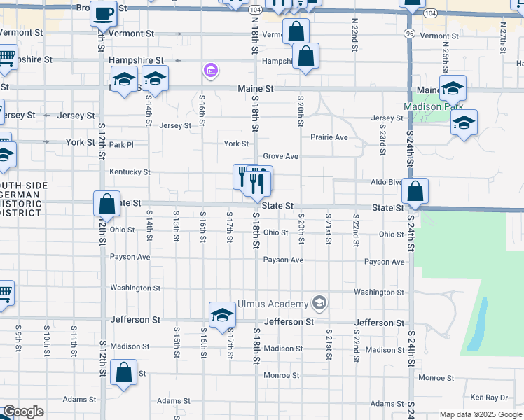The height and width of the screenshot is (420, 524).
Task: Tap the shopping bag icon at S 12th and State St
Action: coord(106,204)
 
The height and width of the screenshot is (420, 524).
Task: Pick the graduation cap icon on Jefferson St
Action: coord(222,314)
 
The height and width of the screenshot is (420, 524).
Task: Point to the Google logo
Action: coord(23,412)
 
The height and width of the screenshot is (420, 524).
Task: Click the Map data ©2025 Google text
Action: coord(480,414)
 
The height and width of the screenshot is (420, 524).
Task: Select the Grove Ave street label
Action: coord(281,156)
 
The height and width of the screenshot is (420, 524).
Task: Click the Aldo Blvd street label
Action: coord(387,181)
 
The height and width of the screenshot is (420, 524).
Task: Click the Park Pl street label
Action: coord(121,144)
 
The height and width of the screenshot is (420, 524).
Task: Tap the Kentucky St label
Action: coord(130,171)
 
